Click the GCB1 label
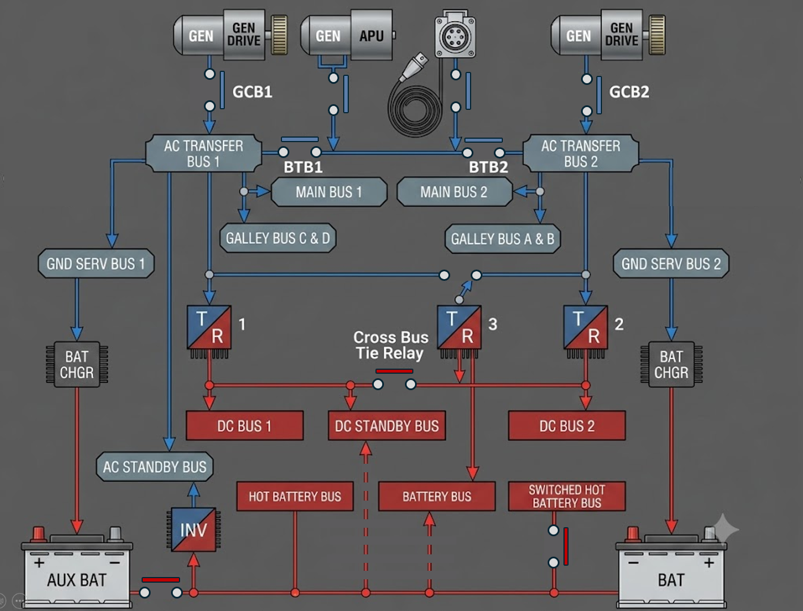pos(253,92)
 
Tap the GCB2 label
pos(629,92)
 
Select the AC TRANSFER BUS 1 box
pos(203,153)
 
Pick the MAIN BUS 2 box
pos(454,192)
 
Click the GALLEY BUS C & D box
pos(277,238)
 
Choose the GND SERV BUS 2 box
pos(671,264)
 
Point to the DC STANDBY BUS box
pos(387,426)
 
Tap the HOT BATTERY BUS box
pos(295,496)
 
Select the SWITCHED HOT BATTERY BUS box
pos(567,496)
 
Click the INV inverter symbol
pos(194,529)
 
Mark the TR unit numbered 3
pos(459,330)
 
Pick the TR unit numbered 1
pos(209,330)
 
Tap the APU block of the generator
pos(371,35)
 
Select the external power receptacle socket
pos(455,36)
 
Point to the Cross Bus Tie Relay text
pos(390,345)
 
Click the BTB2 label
pos(488,167)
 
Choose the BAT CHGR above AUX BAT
pos(77,364)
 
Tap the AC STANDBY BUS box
pos(155,467)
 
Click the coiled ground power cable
pos(415,110)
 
